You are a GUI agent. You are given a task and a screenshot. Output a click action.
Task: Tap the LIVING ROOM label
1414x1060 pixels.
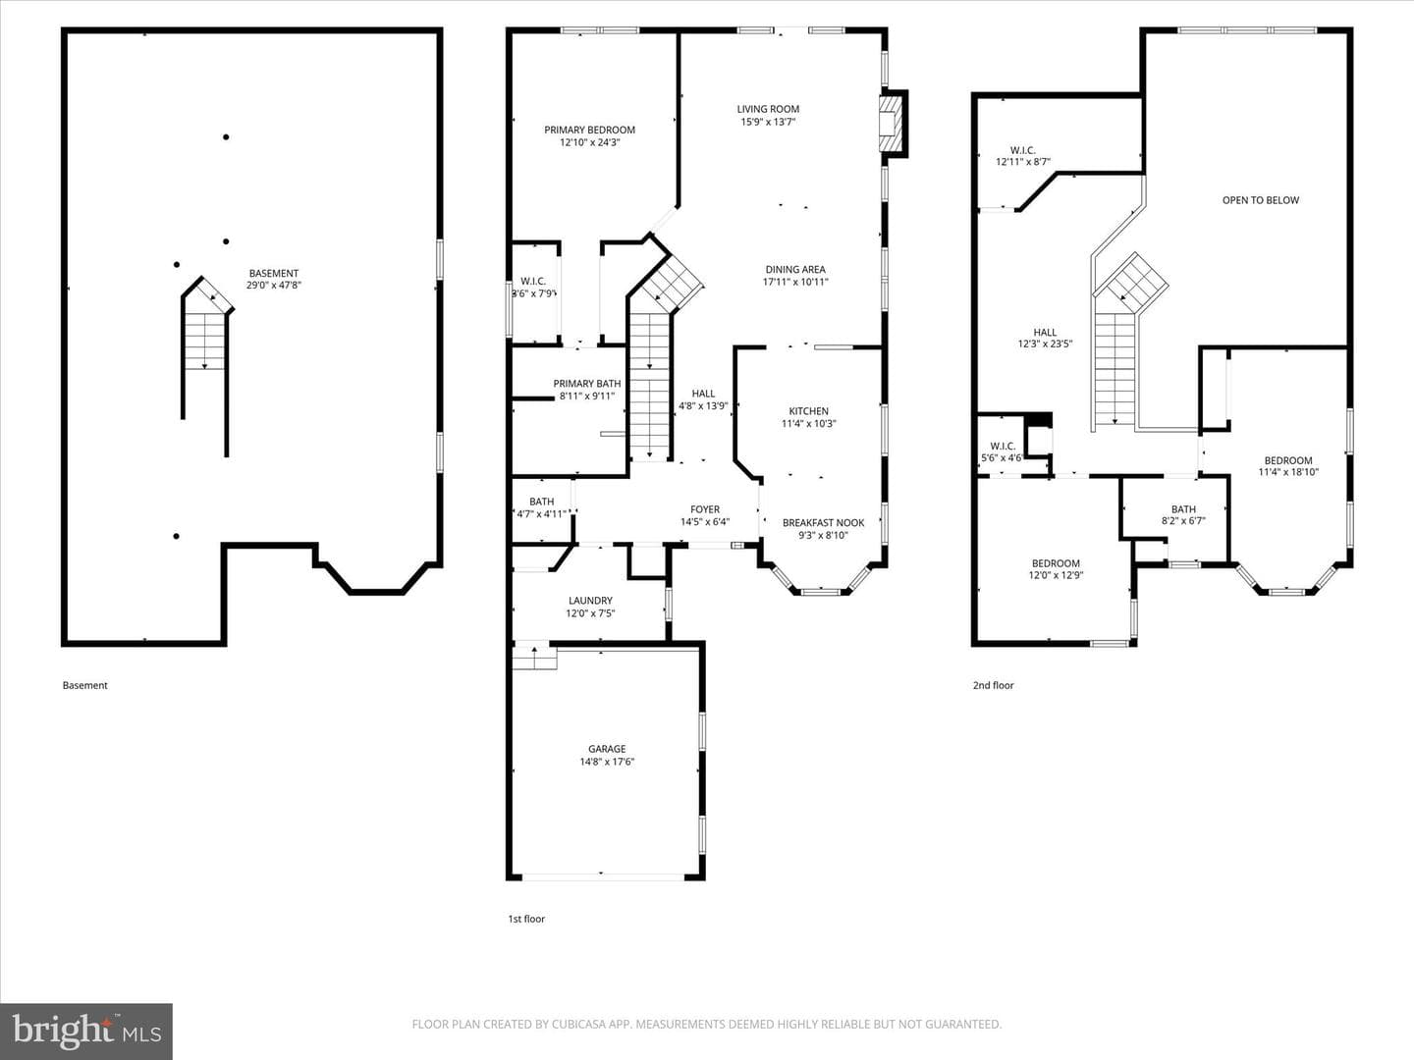768,109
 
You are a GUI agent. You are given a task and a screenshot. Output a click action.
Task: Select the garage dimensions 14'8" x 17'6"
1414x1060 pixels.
607,762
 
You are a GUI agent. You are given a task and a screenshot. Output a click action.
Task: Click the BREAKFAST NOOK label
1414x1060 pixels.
823,522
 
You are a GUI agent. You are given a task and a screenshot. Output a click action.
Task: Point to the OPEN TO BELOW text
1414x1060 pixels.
1261,200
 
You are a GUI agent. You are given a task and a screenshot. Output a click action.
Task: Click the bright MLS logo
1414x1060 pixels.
86,1031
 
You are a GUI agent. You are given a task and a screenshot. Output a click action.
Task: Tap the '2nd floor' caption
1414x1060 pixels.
994,685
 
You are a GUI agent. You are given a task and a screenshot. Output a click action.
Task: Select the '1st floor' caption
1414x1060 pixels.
526,919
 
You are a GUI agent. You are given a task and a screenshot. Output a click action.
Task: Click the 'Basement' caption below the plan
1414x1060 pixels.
85,685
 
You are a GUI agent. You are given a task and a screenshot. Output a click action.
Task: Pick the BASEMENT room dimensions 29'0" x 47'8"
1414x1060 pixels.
274,285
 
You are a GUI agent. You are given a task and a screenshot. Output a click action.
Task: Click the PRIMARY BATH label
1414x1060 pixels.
587,384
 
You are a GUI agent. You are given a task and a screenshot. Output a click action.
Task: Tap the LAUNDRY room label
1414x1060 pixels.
590,601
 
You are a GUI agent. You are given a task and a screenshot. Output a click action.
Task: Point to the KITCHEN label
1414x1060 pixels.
808,411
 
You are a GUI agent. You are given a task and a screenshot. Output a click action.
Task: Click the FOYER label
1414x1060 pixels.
705,509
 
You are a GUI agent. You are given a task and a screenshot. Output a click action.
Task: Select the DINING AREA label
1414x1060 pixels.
795,270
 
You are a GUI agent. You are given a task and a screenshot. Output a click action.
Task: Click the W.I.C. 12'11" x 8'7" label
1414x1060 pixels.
1023,156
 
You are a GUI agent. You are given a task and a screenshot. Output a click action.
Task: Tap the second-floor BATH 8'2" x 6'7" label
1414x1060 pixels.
1183,515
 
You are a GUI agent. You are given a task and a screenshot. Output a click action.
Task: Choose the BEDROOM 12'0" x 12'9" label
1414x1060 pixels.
1056,569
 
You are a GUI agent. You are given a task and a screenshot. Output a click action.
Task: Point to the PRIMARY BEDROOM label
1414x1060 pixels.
589,130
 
